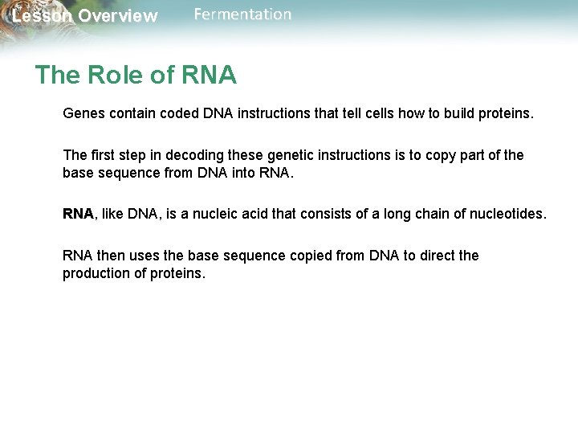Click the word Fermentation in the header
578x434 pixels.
[x=242, y=14]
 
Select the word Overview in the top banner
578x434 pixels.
[x=118, y=16]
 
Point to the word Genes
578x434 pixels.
[x=83, y=114]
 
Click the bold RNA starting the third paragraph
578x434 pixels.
[x=78, y=214]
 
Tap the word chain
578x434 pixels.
[x=426, y=214]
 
